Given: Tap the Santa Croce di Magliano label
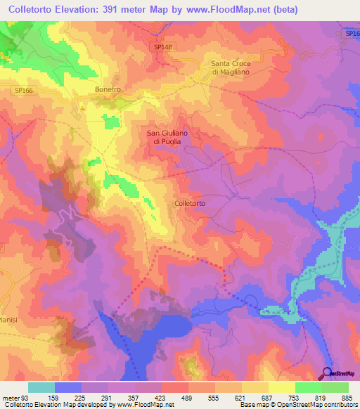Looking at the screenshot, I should pyautogui.click(x=236, y=67).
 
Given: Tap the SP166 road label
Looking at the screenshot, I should pyautogui.click(x=24, y=91).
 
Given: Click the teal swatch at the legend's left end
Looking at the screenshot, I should pyautogui.click(x=41, y=387).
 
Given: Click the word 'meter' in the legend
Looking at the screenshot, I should pyautogui.click(x=10, y=398).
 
